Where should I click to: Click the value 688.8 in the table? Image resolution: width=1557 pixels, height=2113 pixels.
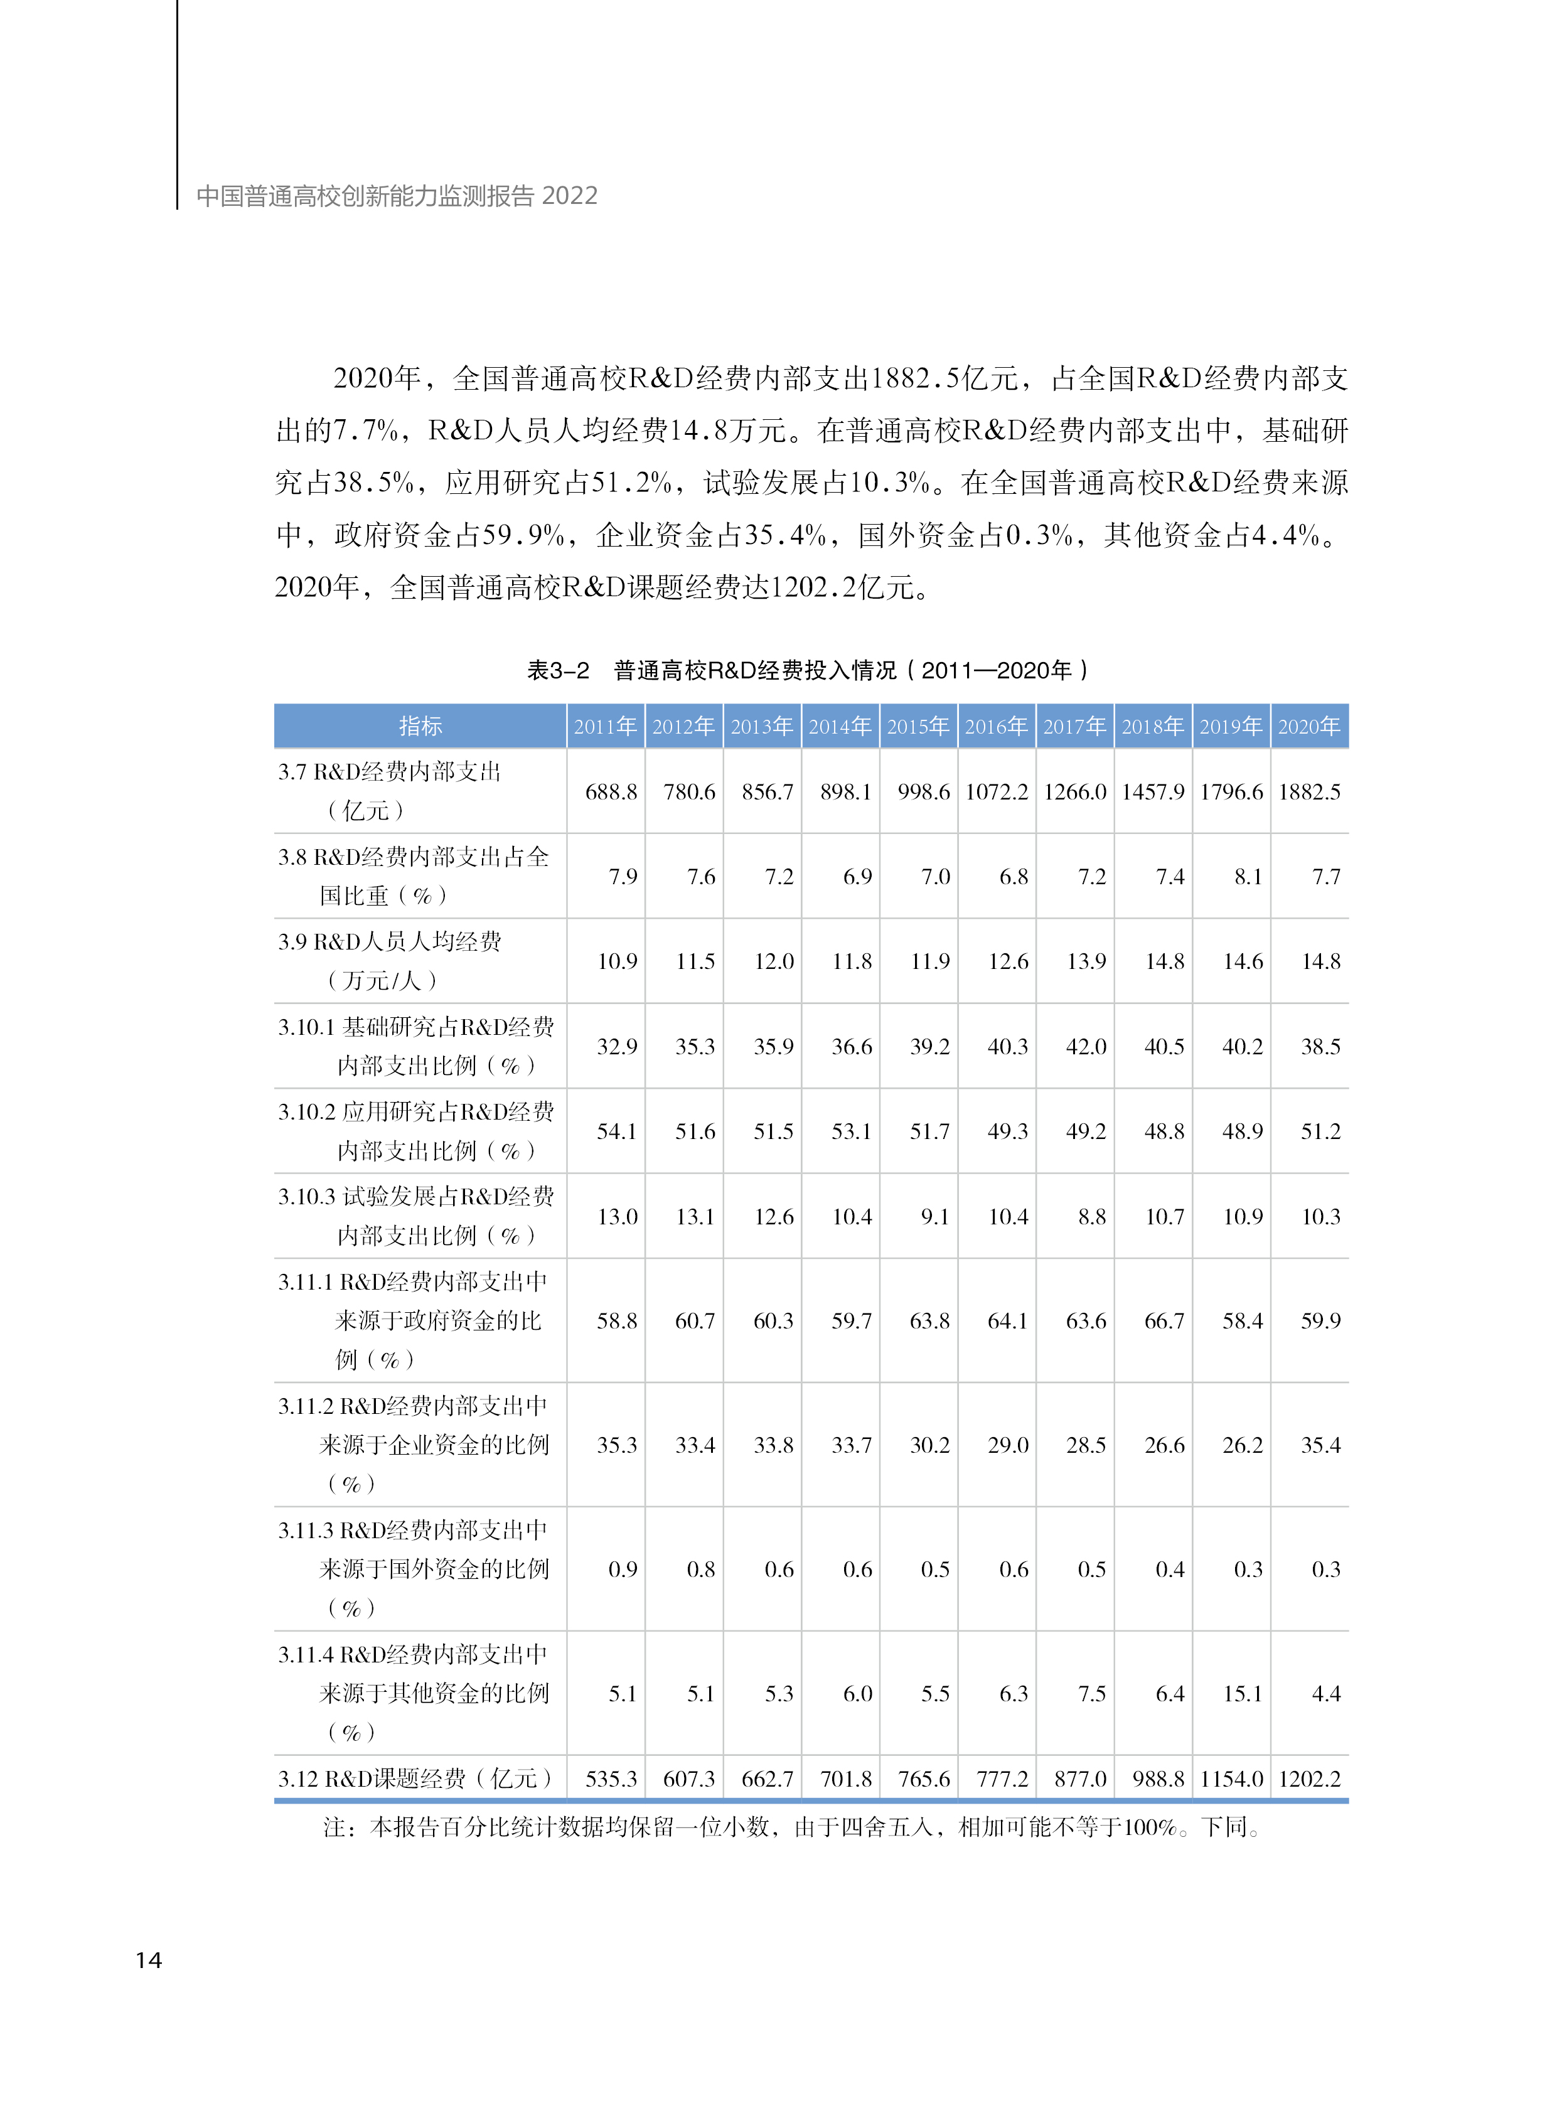click(x=611, y=791)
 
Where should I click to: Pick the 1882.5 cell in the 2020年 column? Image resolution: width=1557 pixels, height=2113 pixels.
click(x=1309, y=791)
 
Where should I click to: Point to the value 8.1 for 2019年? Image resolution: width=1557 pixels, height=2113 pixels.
click(x=1248, y=877)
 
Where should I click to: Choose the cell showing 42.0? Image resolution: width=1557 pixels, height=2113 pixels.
click(x=1086, y=1046)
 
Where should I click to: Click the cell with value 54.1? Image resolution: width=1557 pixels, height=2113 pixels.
click(x=616, y=1131)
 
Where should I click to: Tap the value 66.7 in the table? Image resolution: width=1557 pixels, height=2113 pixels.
click(x=1164, y=1320)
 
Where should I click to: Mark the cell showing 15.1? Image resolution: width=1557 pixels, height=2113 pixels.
click(x=1242, y=1694)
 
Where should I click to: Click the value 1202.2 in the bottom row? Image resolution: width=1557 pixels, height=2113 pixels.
click(x=1309, y=1779)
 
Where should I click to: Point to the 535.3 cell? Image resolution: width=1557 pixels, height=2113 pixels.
click(x=611, y=1779)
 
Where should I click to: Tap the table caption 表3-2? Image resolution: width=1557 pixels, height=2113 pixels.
click(x=558, y=670)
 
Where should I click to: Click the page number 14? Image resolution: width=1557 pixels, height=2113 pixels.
click(x=149, y=1961)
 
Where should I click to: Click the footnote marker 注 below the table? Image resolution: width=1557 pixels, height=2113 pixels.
click(x=334, y=1827)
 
